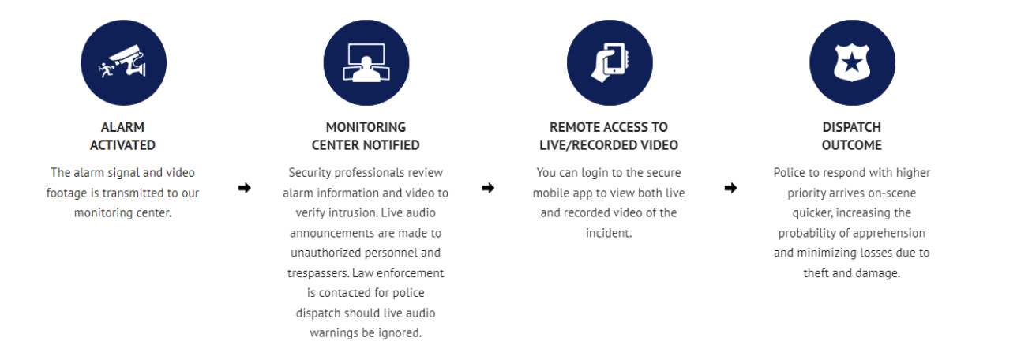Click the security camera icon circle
(123, 62)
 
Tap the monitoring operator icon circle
(366, 62)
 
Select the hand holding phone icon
(610, 62)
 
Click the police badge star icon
(852, 62)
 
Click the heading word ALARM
(122, 127)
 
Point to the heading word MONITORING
(366, 127)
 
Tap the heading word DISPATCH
(852, 127)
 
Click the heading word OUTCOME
(852, 145)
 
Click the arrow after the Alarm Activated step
(245, 188)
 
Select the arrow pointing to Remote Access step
(488, 188)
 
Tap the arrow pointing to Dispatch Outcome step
(730, 188)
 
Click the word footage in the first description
(66, 193)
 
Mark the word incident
(609, 233)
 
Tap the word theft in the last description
(816, 273)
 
